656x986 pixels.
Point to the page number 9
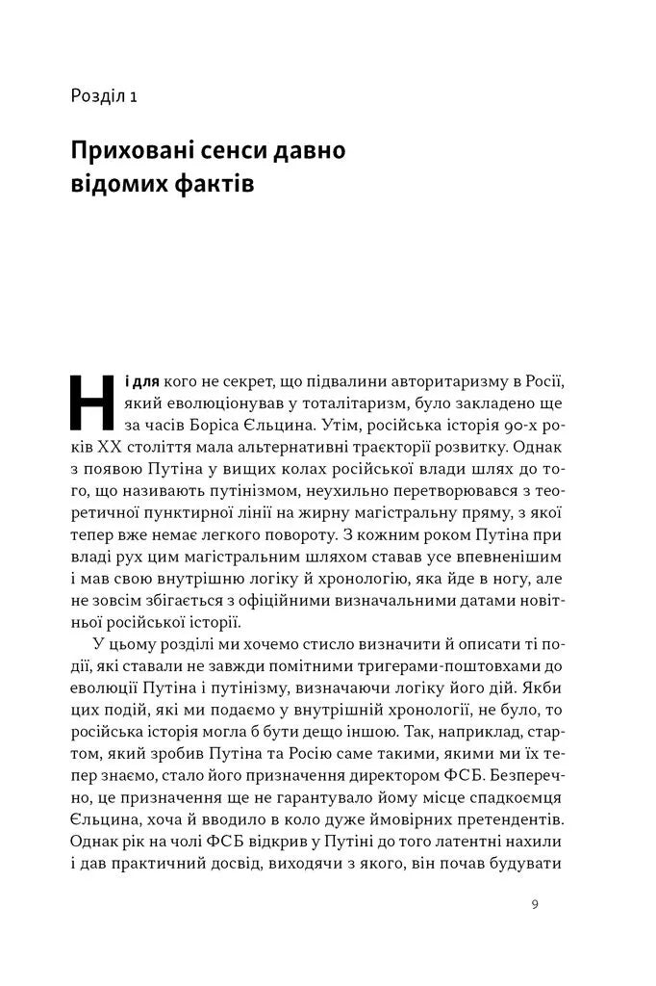coord(535,904)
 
